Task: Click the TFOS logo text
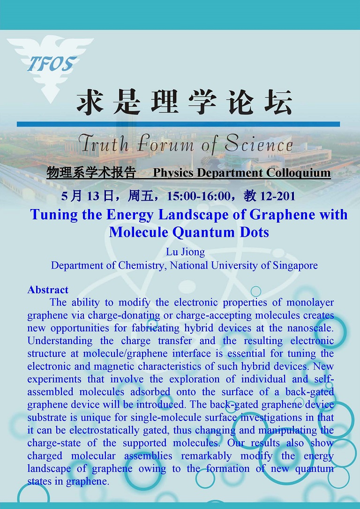click(52, 64)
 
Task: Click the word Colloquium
click(299, 172)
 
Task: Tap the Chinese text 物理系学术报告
click(91, 172)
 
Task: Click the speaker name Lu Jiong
click(185, 252)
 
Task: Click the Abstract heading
click(48, 290)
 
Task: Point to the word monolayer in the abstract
click(310, 303)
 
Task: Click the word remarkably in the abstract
click(206, 456)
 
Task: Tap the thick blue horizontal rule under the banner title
click(178, 124)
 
